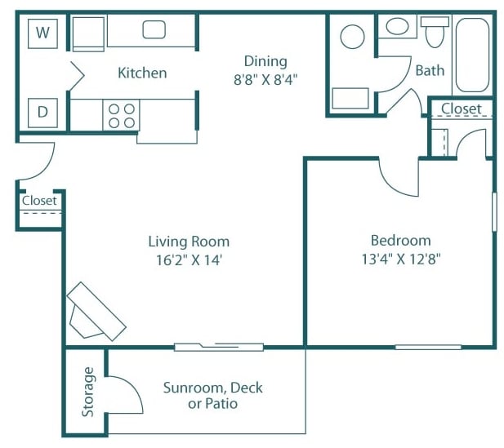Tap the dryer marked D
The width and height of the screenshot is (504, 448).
pos(42,113)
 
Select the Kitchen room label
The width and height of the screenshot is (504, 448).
pos(142,73)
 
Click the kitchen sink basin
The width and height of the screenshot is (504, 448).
pos(154,30)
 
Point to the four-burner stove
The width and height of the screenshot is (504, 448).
pos(122,115)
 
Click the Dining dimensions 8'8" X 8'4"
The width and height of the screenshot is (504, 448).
pos(265,81)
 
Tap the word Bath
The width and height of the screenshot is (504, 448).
pos(430,70)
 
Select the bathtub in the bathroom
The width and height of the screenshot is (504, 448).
pos(473,55)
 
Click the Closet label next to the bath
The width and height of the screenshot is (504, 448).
pos(462,109)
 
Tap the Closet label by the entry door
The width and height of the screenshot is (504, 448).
pos(39,200)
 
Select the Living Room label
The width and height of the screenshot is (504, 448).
pos(189,242)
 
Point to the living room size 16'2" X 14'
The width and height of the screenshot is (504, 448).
pos(189,261)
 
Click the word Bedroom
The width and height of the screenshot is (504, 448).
pos(400,241)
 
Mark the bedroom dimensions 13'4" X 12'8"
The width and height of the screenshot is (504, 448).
pos(400,260)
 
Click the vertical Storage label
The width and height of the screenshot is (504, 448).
pos(88,392)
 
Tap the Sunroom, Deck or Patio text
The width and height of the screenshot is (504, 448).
pos(212,395)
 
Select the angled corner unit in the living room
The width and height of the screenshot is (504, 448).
pos(96,311)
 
